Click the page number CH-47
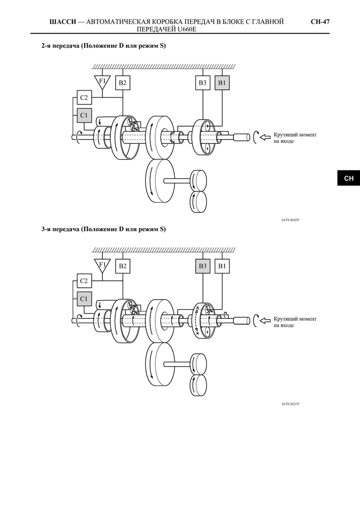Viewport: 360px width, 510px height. pyautogui.click(x=320, y=22)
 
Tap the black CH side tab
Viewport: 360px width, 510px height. pyautogui.click(x=349, y=178)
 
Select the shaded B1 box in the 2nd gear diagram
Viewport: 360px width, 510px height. pyautogui.click(x=222, y=83)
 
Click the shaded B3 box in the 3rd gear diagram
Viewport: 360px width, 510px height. pyautogui.click(x=202, y=266)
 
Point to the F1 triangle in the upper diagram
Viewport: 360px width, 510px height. pyautogui.click(x=102, y=82)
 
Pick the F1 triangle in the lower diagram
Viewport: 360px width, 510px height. pyautogui.click(x=102, y=265)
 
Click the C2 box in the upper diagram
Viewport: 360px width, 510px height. pyautogui.click(x=84, y=98)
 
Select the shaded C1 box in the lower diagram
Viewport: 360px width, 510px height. pyautogui.click(x=84, y=299)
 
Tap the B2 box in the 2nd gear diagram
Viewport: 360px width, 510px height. pyautogui.click(x=123, y=83)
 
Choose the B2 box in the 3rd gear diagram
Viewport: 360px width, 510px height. pyautogui.click(x=123, y=266)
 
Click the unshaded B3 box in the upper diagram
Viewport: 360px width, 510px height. pyautogui.click(x=202, y=83)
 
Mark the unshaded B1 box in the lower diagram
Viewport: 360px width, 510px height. pyautogui.click(x=222, y=266)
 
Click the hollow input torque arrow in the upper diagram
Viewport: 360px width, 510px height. pyautogui.click(x=265, y=137)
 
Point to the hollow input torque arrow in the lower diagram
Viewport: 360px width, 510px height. pyautogui.click(x=265, y=321)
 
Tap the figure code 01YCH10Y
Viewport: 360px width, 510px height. pyautogui.click(x=291, y=220)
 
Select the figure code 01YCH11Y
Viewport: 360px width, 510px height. pyautogui.click(x=291, y=404)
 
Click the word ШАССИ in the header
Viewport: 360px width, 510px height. pyautogui.click(x=63, y=22)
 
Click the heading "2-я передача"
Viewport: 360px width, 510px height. pyautogui.click(x=61, y=46)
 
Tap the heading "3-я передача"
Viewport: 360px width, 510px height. pyautogui.click(x=61, y=229)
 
